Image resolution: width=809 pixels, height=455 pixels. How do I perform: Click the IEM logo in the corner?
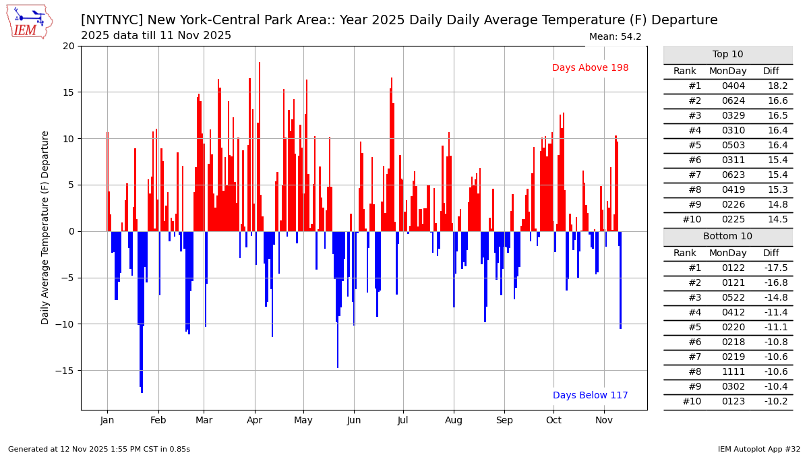pos(29,21)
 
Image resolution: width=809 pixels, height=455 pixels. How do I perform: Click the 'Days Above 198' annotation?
pos(590,68)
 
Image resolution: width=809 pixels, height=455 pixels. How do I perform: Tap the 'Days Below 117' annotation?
pos(590,396)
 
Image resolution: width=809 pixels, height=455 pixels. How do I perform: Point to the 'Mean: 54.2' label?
pos(615,37)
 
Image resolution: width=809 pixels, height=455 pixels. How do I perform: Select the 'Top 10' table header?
pos(727,55)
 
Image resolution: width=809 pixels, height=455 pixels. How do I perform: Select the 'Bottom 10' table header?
pos(727,237)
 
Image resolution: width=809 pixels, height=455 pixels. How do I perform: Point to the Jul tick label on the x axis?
pos(403,420)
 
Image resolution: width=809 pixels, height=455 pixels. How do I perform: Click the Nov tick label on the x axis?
pos(604,420)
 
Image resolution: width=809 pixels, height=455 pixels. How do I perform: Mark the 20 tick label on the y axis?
pos(68,47)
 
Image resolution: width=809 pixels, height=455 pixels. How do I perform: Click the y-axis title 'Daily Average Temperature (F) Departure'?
pos(46,228)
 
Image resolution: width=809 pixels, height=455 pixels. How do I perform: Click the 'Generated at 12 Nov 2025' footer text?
pos(99,450)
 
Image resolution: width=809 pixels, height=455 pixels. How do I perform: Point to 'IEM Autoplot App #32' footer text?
pos(758,450)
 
